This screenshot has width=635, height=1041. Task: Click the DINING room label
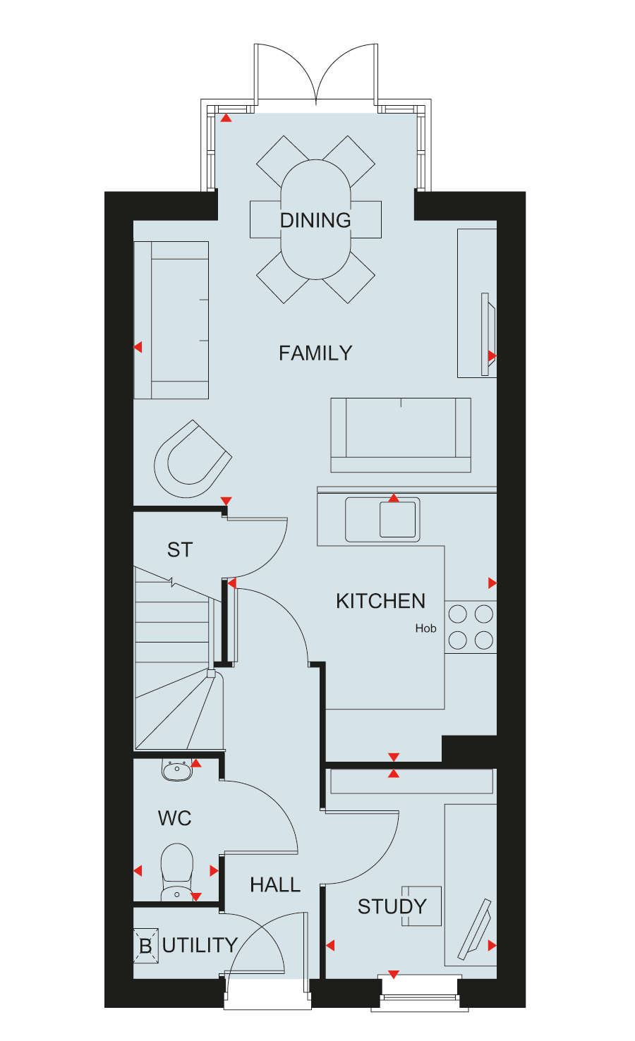tap(315, 220)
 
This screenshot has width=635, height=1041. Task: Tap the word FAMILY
tap(315, 353)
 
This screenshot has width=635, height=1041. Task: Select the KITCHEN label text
tap(381, 602)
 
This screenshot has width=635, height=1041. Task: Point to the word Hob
tap(425, 628)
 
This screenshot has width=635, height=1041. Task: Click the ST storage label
tap(180, 550)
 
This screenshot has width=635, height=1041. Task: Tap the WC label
tap(174, 818)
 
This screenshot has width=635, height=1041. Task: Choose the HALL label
tap(275, 885)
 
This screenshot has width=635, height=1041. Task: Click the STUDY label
tap(392, 906)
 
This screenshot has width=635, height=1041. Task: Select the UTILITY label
tap(200, 945)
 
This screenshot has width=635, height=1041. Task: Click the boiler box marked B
tap(145, 946)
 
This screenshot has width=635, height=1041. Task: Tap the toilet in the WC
tap(176, 872)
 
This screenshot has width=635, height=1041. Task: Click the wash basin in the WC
tap(176, 770)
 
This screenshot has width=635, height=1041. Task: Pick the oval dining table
tap(315, 219)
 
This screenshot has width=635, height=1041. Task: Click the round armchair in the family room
tap(192, 458)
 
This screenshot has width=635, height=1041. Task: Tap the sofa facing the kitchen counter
tap(401, 435)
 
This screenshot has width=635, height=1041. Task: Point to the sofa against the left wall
tap(171, 320)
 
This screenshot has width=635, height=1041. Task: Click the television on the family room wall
tap(488, 334)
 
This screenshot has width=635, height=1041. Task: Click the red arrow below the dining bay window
tap(226, 118)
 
